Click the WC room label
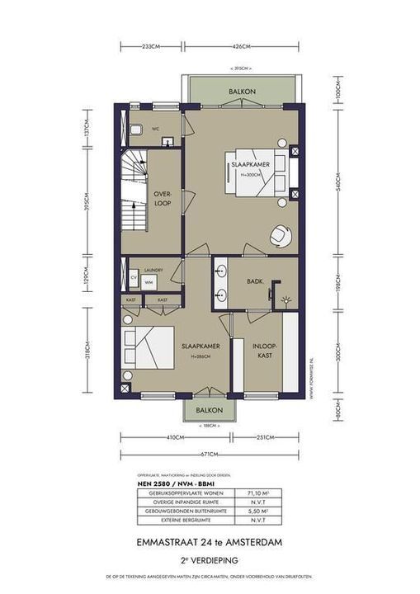tap(154, 129)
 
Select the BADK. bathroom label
tap(255, 281)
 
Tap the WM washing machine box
tap(149, 282)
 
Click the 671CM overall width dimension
tap(211, 455)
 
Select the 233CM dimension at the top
tap(150, 45)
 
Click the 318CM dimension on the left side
tap(85, 349)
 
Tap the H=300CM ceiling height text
tap(251, 176)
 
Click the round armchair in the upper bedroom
tap(280, 235)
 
